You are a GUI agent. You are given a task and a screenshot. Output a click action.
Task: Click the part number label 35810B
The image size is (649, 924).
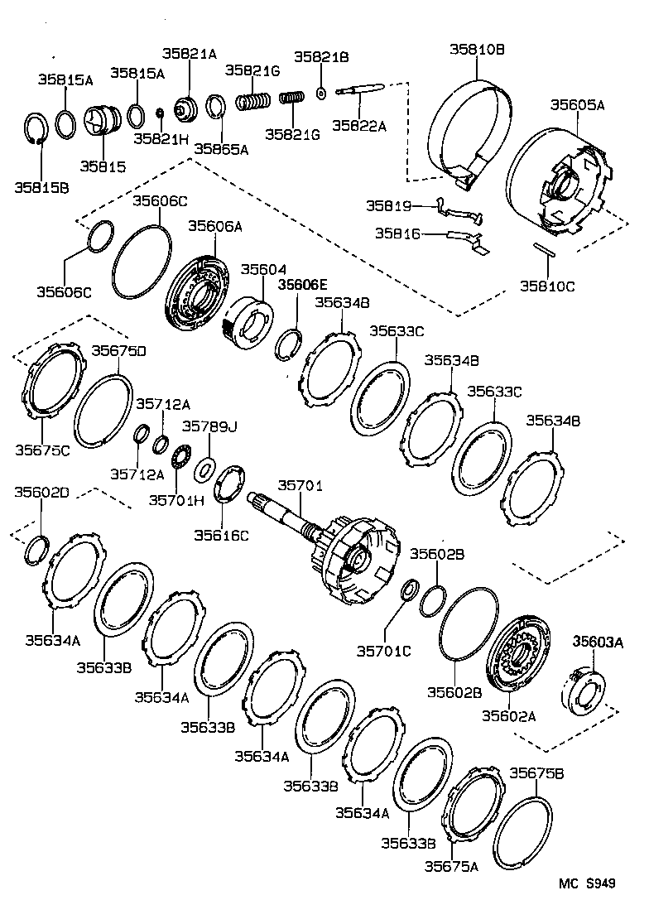click(477, 50)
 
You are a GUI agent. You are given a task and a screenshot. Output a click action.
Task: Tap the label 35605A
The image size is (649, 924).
click(577, 105)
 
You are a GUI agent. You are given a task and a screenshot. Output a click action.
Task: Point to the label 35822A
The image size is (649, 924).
click(359, 125)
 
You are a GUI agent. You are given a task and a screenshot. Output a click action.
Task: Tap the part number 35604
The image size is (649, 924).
click(263, 269)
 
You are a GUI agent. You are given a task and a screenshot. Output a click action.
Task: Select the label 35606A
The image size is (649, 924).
click(215, 225)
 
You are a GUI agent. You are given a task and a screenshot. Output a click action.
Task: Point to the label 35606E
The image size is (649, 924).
click(303, 284)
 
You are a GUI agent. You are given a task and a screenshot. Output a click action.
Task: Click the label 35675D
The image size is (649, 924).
click(118, 350)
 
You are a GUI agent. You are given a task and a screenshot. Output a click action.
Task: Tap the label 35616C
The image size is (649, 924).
click(221, 535)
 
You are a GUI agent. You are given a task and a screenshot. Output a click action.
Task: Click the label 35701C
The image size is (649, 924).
click(383, 652)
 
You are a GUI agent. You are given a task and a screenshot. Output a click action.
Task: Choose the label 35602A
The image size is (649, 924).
click(508, 715)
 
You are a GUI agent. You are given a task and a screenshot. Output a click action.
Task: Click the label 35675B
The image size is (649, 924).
click(536, 773)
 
